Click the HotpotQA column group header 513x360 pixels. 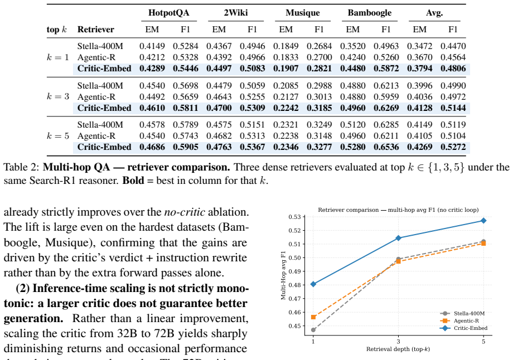coord(168,13)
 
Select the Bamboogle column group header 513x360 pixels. coord(369,13)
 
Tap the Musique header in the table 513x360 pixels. coord(303,13)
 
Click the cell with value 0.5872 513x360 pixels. coord(386,69)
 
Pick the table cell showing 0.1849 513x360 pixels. coord(285,46)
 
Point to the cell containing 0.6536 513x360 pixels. coord(386,147)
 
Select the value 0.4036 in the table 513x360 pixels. coord(419,97)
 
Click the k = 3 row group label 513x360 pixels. coord(58,96)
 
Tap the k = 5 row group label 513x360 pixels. coord(58,135)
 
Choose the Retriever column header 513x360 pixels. coord(96,30)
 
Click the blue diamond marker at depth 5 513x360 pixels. coord(483,221)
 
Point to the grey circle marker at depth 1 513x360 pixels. coord(313,330)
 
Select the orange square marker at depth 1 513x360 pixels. coord(313,317)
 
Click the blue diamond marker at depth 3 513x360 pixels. coord(398,238)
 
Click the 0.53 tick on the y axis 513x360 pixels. coord(294,217)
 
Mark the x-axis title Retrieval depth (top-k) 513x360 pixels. coord(398,349)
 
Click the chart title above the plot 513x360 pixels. coord(398,210)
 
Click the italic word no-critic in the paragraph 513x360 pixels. coord(185,212)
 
